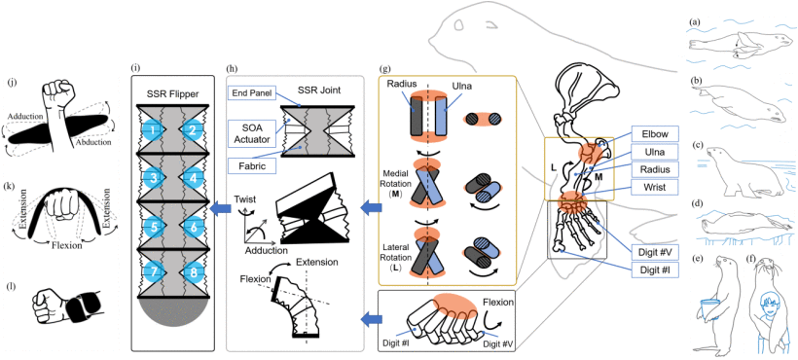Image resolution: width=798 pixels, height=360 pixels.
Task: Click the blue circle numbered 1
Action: [151, 130]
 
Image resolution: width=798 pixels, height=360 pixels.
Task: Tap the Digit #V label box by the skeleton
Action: [655, 250]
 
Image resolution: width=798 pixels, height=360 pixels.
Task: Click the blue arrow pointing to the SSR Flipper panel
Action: [220, 208]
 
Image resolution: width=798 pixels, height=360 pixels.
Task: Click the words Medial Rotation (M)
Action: [400, 189]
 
